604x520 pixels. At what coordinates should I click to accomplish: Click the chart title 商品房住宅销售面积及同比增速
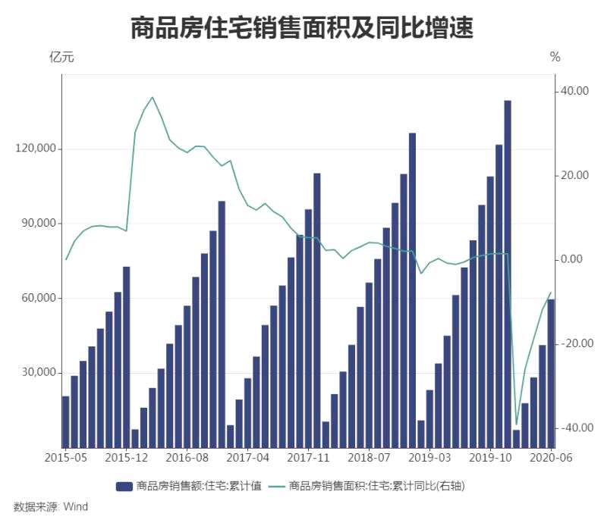[x=302, y=28]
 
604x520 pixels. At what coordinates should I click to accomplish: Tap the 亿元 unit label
[x=61, y=57]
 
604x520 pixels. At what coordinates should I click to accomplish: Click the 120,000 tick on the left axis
[x=36, y=149]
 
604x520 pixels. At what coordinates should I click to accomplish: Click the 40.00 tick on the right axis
[x=574, y=91]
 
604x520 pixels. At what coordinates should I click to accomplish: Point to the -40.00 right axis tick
[x=573, y=428]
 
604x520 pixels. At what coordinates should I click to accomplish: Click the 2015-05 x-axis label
[x=66, y=458]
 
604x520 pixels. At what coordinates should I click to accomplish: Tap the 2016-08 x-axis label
[x=187, y=458]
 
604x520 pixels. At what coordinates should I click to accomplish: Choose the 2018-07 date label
[x=369, y=458]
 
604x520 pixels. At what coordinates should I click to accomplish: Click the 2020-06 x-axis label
[x=551, y=458]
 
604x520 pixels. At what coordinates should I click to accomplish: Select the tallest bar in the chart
[x=508, y=273]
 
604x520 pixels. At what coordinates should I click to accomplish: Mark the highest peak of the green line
[x=153, y=97]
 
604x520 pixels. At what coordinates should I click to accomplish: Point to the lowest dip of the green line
[x=516, y=424]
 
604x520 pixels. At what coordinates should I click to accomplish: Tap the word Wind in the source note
[x=75, y=506]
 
